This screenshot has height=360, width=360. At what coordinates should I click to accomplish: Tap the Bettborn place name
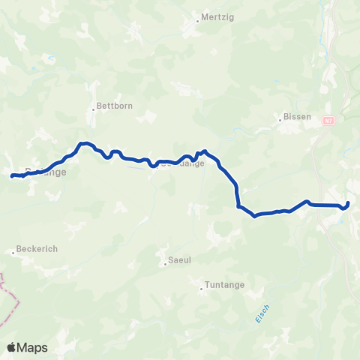[115, 106]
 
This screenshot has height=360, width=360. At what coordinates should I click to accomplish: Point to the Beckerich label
[38, 248]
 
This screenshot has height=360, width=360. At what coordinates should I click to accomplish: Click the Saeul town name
[177, 262]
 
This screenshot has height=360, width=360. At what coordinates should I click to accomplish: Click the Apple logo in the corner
[12, 347]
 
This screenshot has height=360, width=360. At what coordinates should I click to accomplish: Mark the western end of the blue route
[12, 176]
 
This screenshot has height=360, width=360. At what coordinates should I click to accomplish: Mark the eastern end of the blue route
[349, 202]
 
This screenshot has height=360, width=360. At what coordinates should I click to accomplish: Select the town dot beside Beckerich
[13, 253]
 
